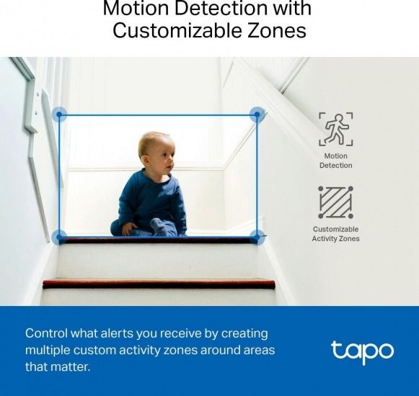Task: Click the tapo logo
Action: pos(362,351)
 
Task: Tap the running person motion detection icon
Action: pos(335,129)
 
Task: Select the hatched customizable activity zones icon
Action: pos(335,202)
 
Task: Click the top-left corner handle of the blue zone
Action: pos(59,114)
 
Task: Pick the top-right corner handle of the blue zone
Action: pos(256,114)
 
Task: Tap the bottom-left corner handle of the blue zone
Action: pos(59,236)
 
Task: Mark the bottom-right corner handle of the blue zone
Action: pos(256,236)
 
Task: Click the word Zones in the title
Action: pos(278,32)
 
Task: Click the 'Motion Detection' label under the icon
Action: pos(335,161)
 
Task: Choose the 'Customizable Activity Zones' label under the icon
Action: pos(335,234)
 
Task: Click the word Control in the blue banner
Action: pos(48,333)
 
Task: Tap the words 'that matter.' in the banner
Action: pos(58,367)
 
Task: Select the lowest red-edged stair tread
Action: pos(159,284)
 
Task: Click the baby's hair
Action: pos(152,139)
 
